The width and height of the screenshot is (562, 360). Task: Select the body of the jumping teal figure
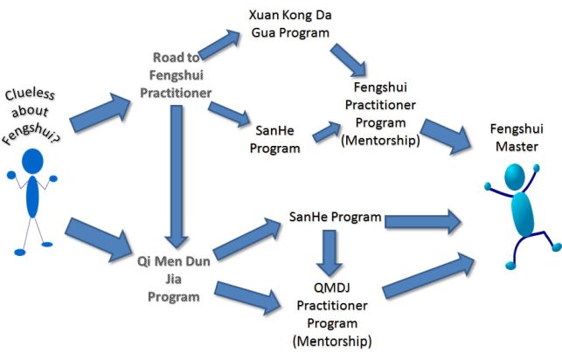click(522, 213)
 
